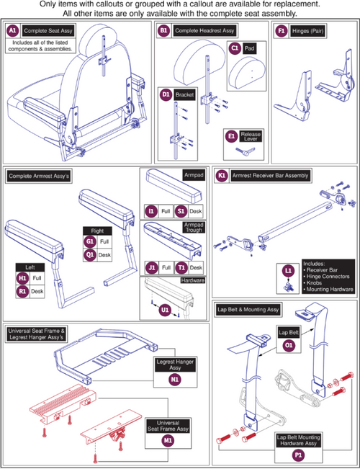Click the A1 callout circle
pos(13,31)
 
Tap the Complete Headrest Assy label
pos(204,30)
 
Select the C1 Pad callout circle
pos(235,48)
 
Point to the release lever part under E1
pos(246,151)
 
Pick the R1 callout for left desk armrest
pos(23,291)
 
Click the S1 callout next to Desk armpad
pos(181,212)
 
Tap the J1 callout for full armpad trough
pos(152,268)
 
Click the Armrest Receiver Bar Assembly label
pos(270,177)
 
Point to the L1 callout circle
pos(289,271)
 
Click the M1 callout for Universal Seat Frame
pos(168,441)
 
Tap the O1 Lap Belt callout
pos(289,346)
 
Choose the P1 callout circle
pos(298,455)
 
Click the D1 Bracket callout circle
pos(165,96)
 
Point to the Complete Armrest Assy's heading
pos(39,177)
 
